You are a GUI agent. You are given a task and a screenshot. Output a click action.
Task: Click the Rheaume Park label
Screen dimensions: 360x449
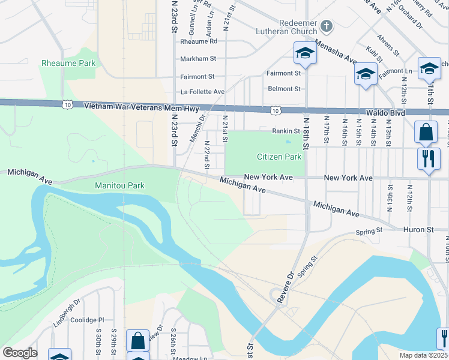point(68,63)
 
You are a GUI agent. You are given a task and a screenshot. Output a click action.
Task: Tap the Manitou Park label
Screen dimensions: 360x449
point(119,185)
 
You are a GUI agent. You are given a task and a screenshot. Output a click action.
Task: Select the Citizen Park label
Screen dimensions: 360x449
point(279,157)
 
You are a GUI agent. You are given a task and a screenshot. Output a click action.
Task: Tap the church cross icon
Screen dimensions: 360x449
point(326,26)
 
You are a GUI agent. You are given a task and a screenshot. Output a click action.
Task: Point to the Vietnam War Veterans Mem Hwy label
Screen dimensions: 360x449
point(141,106)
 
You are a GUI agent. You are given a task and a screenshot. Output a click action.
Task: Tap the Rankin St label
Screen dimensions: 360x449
point(286,131)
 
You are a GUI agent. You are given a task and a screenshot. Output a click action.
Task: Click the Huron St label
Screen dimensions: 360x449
point(421,229)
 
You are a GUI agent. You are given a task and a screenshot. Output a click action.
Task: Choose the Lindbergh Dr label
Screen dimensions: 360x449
point(67,312)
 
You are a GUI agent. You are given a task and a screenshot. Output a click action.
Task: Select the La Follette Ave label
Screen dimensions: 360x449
point(202,92)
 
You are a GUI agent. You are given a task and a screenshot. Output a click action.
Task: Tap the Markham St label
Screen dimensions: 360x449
point(197,58)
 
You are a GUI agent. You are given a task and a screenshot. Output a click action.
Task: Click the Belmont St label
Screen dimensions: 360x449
point(284,89)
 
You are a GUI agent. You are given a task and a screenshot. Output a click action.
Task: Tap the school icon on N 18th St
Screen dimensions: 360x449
point(305,53)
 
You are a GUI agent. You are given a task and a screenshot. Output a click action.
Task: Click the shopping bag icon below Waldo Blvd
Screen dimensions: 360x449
point(426,132)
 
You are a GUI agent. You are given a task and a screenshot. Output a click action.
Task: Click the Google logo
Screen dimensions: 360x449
point(19,353)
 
